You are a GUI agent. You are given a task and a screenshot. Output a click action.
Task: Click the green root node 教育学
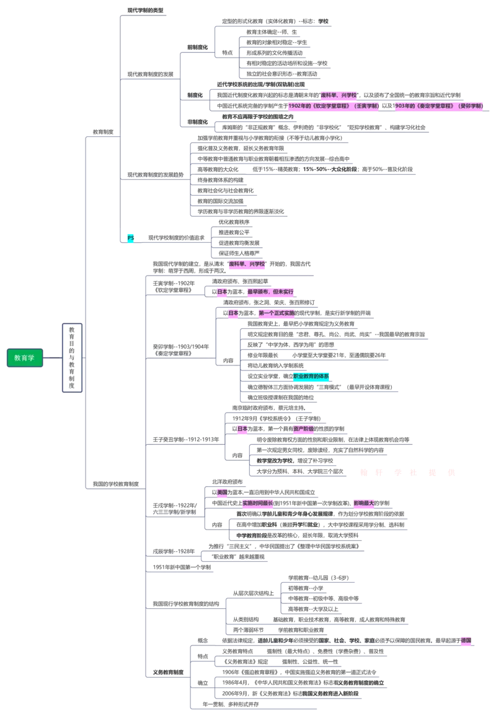coord(25,358)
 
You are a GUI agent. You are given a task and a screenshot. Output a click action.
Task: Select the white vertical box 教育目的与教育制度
coord(71,357)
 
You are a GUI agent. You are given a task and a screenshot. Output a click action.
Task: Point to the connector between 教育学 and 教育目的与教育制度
coord(52,358)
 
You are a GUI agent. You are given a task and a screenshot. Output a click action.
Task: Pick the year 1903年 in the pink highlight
coord(404,107)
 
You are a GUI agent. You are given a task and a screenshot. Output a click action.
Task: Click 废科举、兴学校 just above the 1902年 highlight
coord(339,95)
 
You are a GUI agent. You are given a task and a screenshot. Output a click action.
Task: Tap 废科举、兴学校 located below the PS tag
coord(247,264)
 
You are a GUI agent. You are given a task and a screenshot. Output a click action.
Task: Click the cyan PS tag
coord(130,238)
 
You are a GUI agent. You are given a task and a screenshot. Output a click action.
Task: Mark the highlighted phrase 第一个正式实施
coord(277,313)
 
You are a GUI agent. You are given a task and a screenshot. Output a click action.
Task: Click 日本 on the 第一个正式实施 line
coord(233,313)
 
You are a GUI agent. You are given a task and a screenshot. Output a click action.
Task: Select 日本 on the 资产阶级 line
coord(241,429)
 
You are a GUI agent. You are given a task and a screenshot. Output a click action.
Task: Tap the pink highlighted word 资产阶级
coord(303,429)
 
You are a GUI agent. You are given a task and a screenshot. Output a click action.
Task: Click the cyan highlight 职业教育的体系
coord(311,376)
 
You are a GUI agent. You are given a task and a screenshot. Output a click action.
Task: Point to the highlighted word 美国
coord(222,492)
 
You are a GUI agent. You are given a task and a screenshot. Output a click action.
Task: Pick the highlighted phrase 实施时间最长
coord(257,504)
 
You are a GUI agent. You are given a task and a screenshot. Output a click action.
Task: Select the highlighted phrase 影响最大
coord(364,504)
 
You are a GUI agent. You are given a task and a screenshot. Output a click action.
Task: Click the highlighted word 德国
coord(465,640)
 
